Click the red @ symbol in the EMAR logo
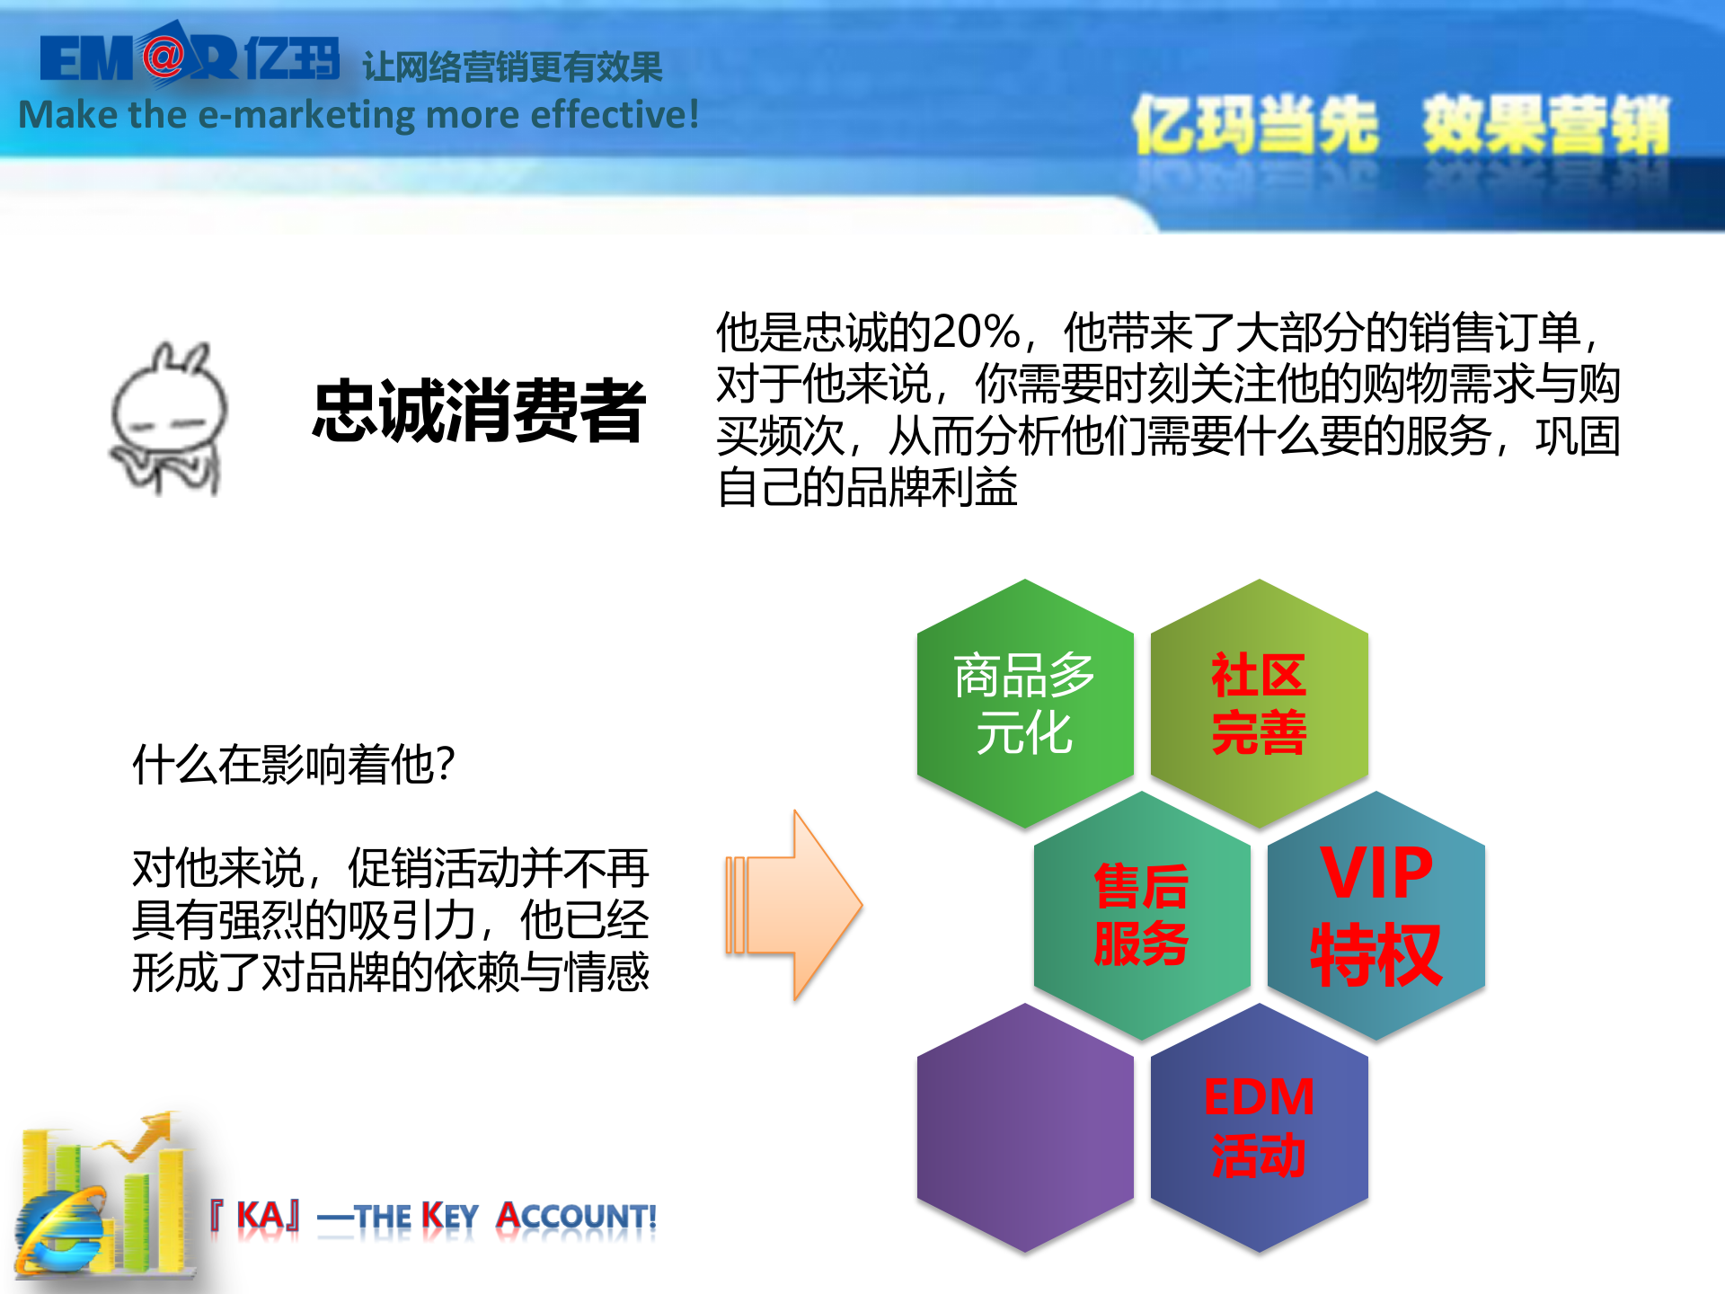[x=163, y=57]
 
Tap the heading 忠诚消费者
[x=478, y=411]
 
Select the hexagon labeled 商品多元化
[x=1024, y=703]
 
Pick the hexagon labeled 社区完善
[x=1259, y=703]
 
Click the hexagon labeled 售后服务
[x=1141, y=915]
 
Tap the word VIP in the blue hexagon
[x=1376, y=873]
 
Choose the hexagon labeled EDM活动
[x=1259, y=1127]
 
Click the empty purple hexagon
[x=1024, y=1127]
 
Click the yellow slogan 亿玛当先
[x=1254, y=126]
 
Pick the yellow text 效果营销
[x=1545, y=126]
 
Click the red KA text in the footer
[x=261, y=1217]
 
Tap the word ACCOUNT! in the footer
[x=577, y=1217]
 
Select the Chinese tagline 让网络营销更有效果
[x=512, y=67]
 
